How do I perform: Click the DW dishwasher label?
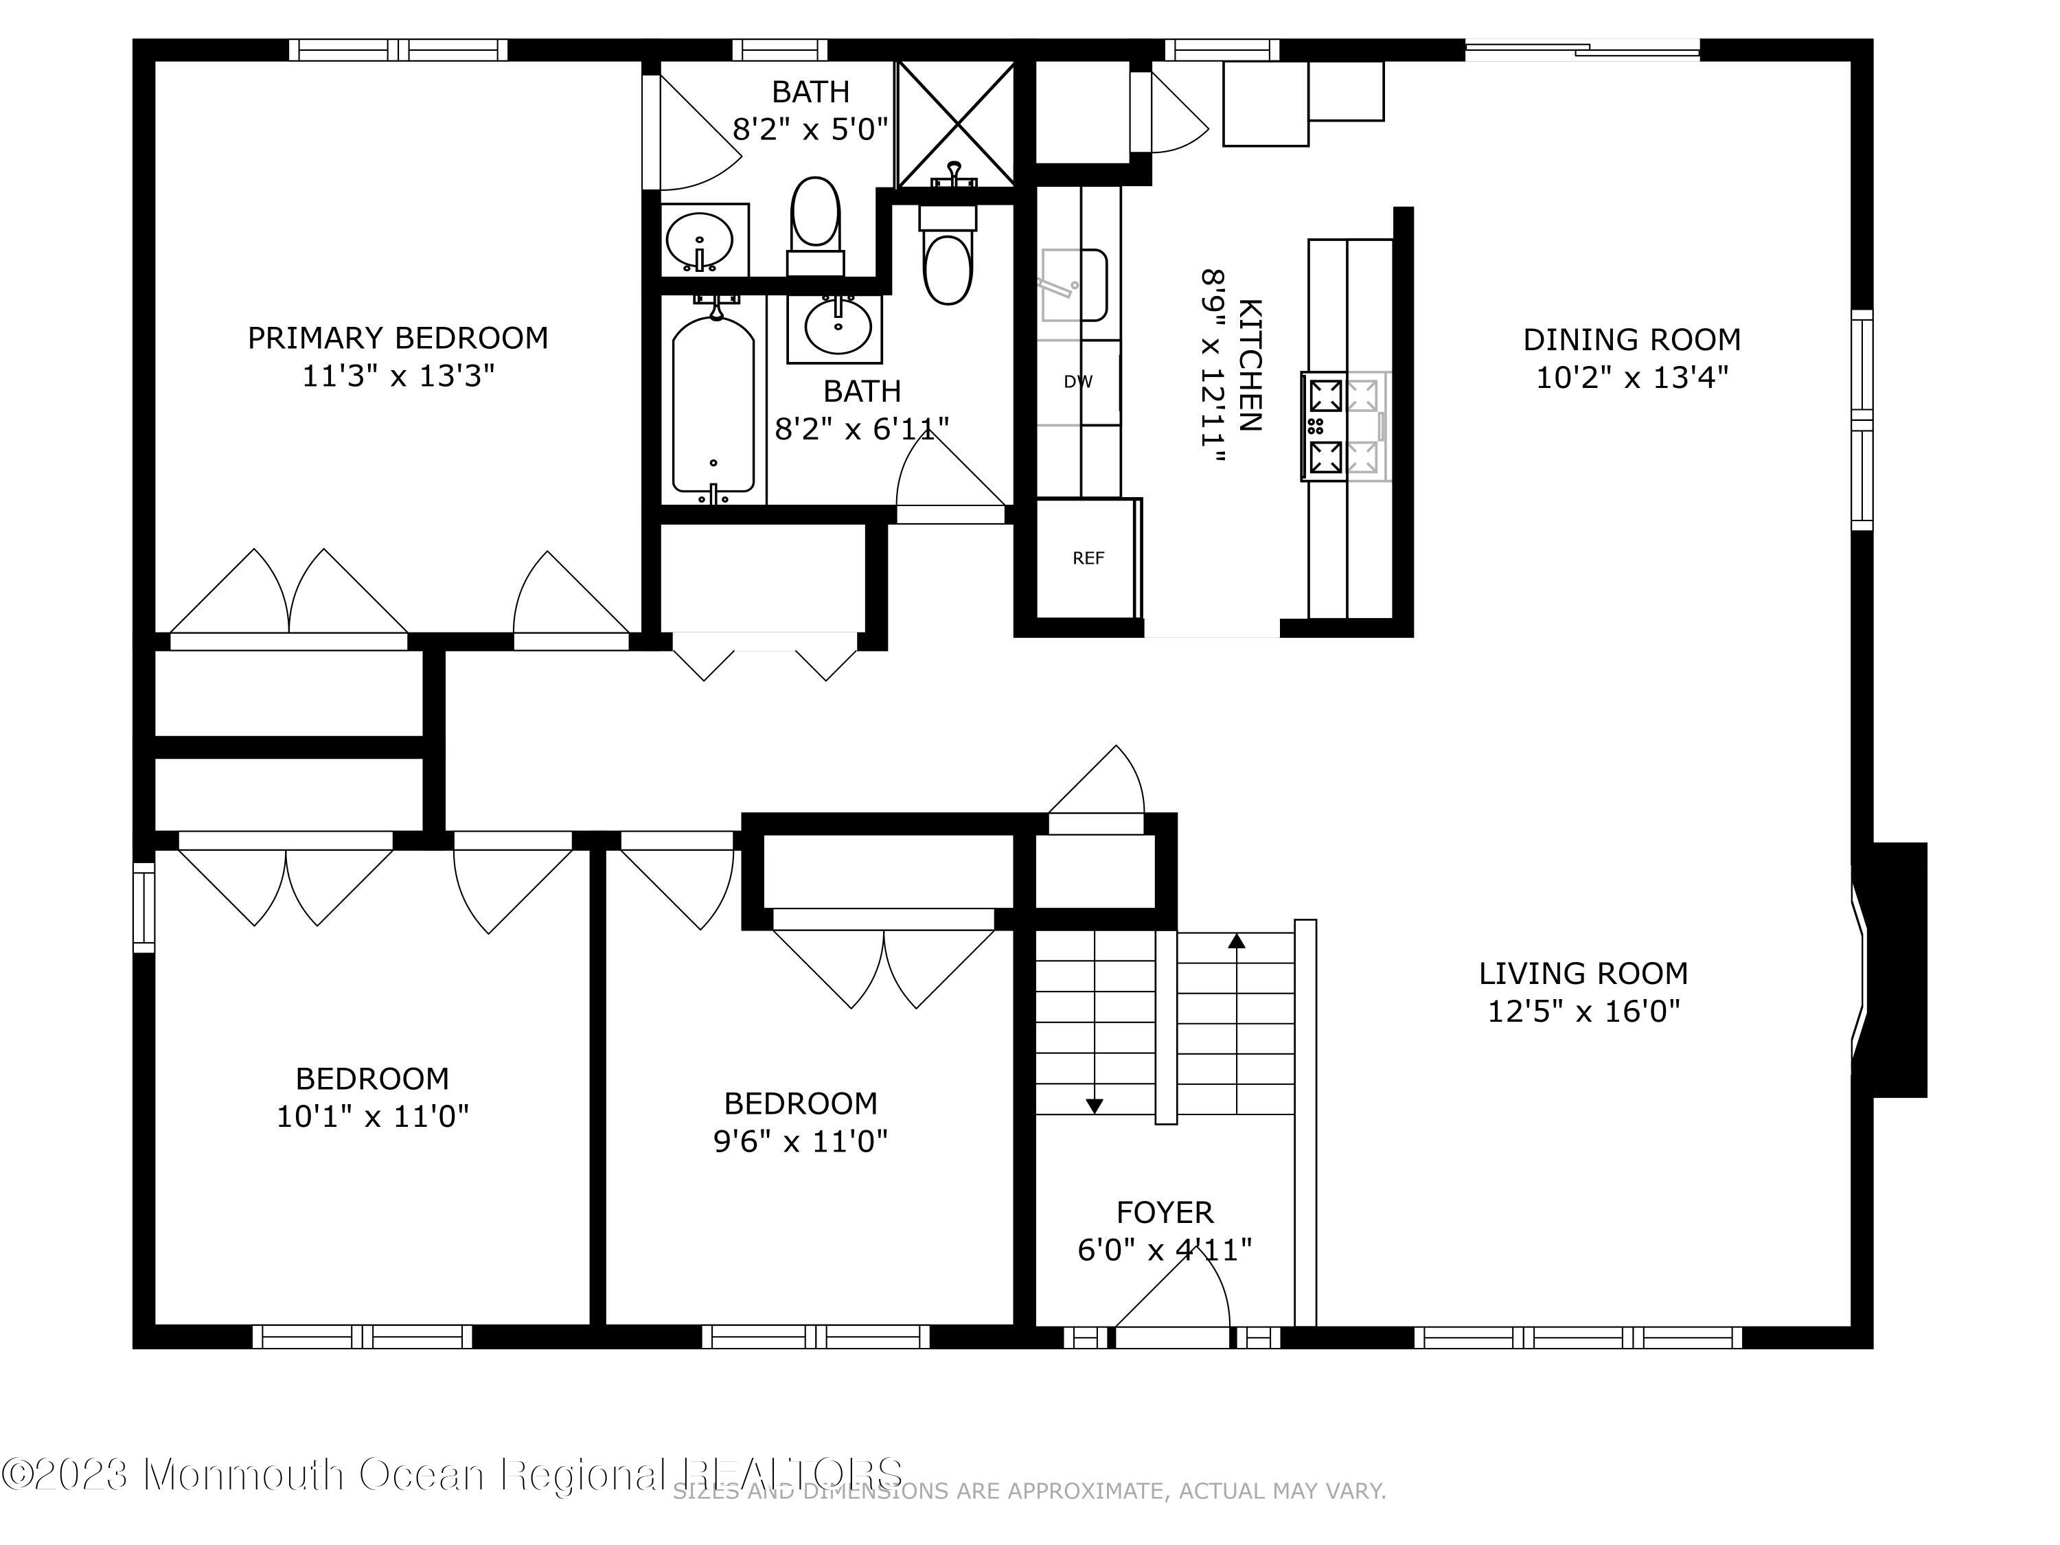(x=1077, y=382)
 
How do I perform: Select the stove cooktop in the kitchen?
(x=1344, y=426)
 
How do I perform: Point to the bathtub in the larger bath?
(x=713, y=405)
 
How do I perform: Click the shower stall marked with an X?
(x=954, y=124)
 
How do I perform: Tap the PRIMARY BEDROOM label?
(x=398, y=338)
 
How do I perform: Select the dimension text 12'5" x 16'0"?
(x=1583, y=1011)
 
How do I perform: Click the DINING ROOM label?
(x=1632, y=340)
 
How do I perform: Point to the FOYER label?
(x=1164, y=1213)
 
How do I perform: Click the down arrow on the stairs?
(x=1095, y=1106)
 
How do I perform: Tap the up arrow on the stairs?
(x=1237, y=941)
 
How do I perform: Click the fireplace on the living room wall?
(x=1890, y=970)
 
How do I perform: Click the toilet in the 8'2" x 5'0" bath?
(x=815, y=223)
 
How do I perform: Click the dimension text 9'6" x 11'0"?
(x=800, y=1141)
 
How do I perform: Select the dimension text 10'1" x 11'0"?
(x=372, y=1116)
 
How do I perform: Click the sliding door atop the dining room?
(x=1583, y=49)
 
